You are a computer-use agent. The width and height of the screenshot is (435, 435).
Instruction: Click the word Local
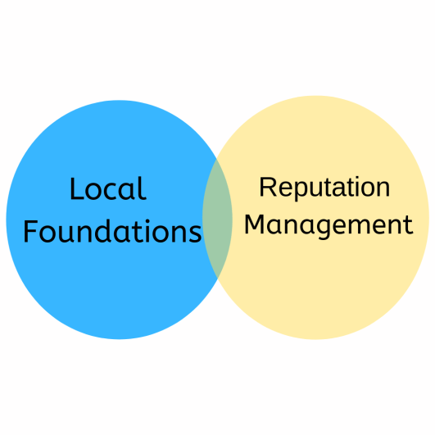point(107,189)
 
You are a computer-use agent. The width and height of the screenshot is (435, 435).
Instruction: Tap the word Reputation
point(324,188)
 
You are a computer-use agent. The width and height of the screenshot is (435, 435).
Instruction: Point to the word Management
point(328,224)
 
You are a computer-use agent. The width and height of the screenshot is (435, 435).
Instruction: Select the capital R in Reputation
point(267,188)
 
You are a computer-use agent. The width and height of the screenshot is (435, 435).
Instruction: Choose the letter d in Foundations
point(113,231)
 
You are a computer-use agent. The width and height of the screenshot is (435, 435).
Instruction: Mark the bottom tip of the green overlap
point(219,279)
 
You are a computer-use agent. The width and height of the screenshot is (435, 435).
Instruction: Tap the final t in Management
point(407,224)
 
